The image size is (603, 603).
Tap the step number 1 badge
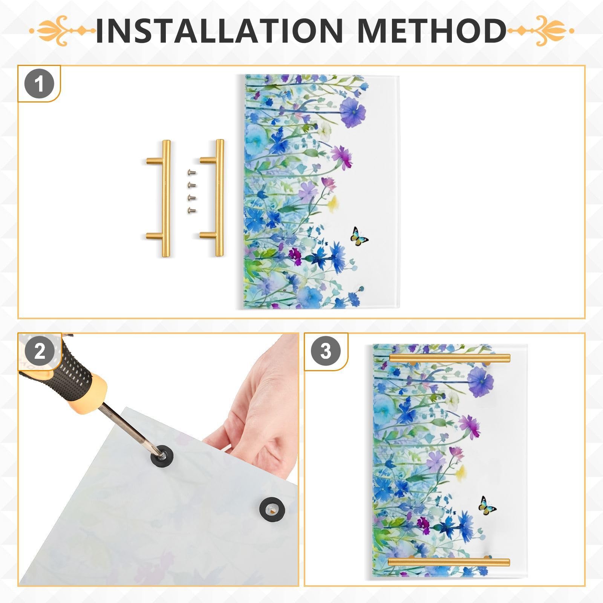[39, 84]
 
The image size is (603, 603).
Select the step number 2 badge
[39, 351]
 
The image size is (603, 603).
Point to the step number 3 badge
[326, 351]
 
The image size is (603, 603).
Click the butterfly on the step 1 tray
[359, 237]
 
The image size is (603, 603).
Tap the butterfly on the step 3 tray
[487, 506]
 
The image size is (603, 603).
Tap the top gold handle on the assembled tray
[450, 358]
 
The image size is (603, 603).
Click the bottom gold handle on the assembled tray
[448, 562]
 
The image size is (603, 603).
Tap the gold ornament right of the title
[541, 31]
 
